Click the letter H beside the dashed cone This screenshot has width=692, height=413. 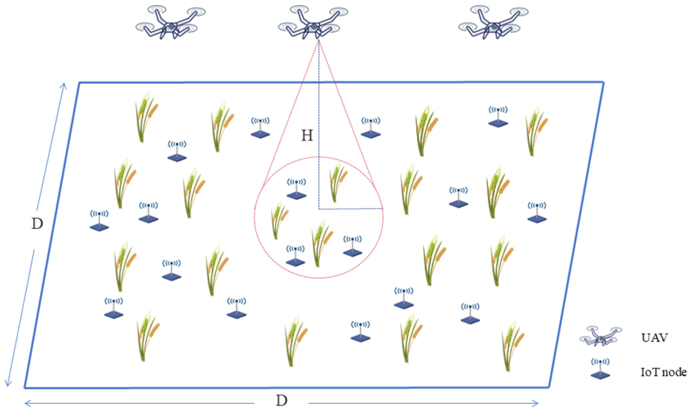pos(307,136)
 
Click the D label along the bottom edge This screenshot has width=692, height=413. pos(281,401)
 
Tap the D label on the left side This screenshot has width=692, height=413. pos(37,224)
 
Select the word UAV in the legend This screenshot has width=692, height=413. pos(654,338)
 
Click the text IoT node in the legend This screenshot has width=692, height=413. pos(663,372)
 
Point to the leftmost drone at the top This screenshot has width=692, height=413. pos(170,22)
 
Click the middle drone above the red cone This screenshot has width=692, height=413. pos(313,22)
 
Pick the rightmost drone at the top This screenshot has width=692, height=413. pos(493,22)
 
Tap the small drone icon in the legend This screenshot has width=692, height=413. pos(600,336)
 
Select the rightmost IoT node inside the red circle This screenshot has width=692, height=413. pos(352,246)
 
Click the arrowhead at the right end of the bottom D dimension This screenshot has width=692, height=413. pos(536,403)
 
